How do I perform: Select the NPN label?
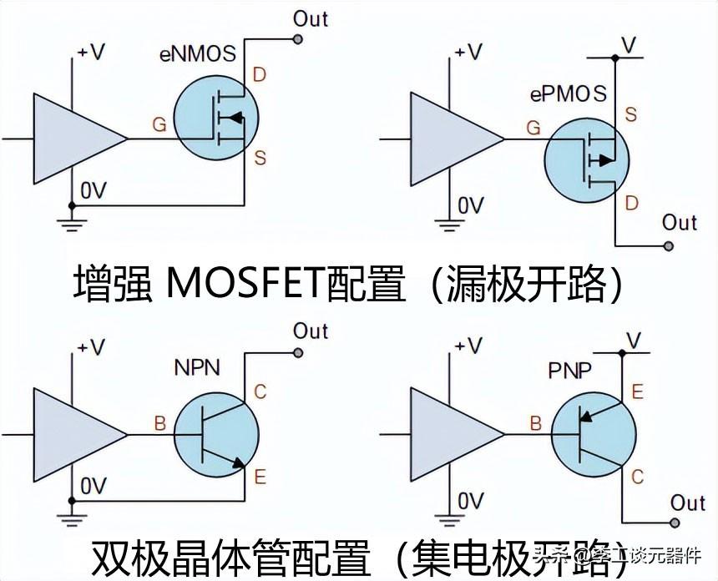point(197,367)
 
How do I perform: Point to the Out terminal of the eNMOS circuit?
point(298,38)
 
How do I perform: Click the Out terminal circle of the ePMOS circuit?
point(669,245)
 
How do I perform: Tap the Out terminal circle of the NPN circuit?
point(298,353)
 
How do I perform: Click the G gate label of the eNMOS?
point(159,125)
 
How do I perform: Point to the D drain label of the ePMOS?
point(631,204)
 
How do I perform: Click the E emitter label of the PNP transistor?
point(639,392)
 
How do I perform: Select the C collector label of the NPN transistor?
point(260,392)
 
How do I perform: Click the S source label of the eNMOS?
point(260,158)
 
